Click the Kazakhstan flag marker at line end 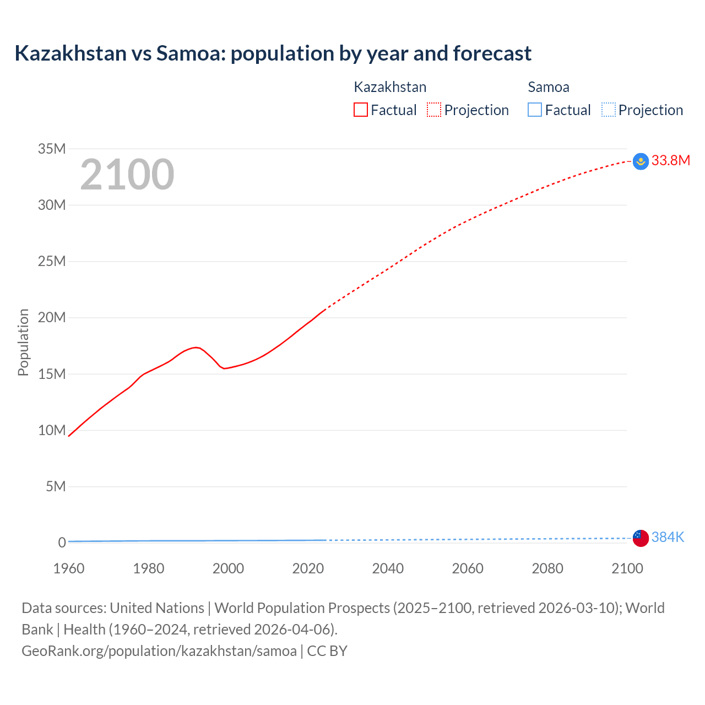tap(641, 161)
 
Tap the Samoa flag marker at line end tap(641, 538)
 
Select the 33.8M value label tap(670, 161)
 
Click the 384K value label tap(668, 538)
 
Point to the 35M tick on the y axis tap(52, 149)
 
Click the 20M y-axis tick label tap(52, 318)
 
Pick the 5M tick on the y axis tap(56, 487)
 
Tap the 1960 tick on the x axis tap(69, 568)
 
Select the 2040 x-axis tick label tap(388, 568)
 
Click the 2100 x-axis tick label tap(627, 568)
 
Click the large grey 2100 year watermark tap(127, 175)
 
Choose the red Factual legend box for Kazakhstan tap(361, 110)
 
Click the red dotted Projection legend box tap(434, 110)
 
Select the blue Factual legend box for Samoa tap(535, 110)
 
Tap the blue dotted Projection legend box tap(609, 110)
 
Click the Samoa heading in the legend tap(549, 87)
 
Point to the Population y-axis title tap(23, 342)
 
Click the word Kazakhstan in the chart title tap(70, 53)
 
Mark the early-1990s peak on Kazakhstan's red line tap(196, 347)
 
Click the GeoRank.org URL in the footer tap(159, 651)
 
